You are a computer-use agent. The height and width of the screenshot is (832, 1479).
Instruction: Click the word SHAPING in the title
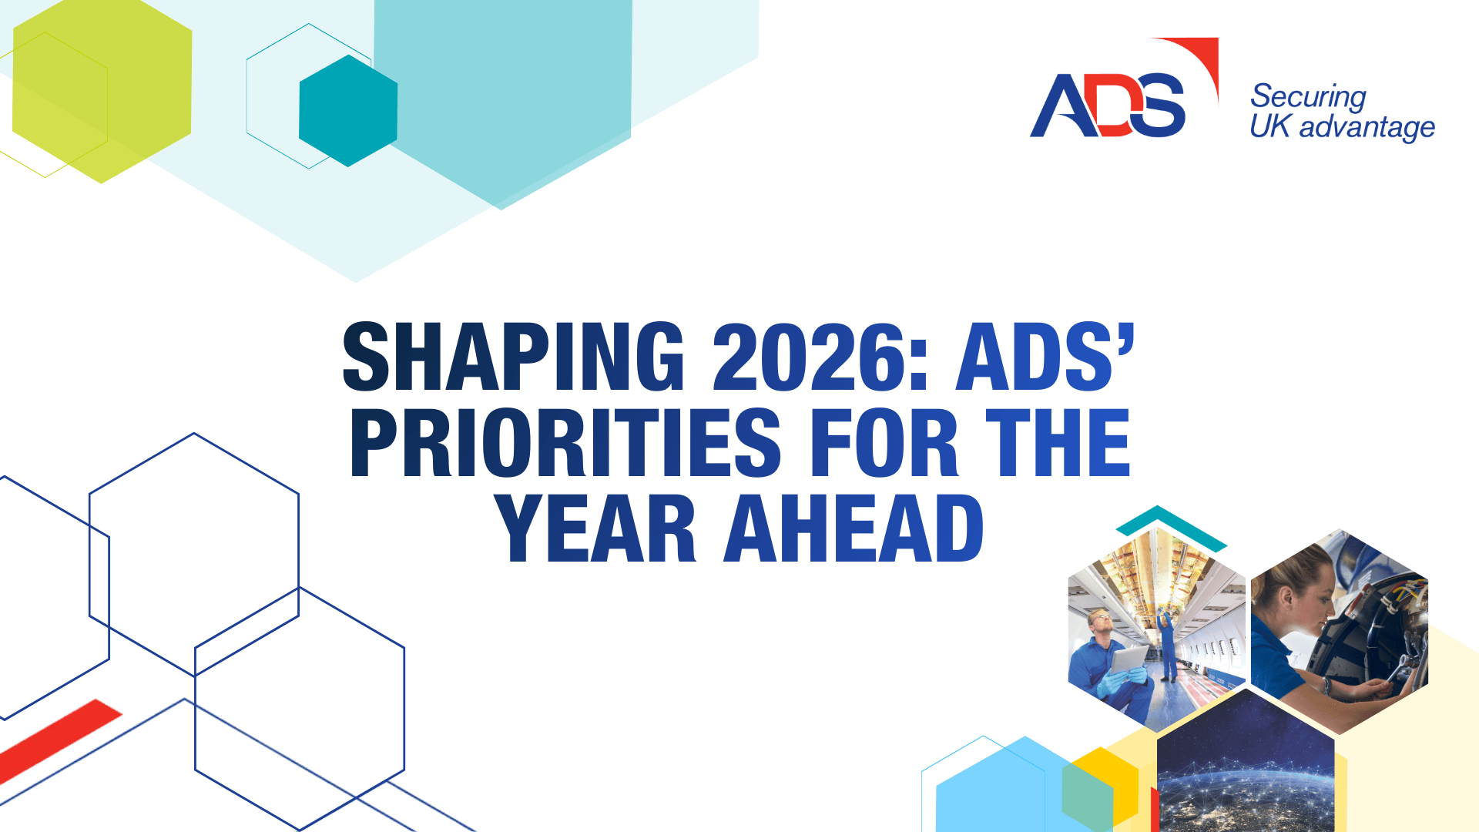514,356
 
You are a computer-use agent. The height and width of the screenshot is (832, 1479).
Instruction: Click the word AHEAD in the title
854,528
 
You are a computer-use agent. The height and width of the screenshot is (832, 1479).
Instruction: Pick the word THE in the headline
1058,443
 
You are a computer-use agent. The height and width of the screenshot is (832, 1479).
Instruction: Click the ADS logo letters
1108,106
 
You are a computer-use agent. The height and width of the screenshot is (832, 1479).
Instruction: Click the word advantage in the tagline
1367,127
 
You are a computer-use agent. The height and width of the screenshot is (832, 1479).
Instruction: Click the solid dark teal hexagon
348,110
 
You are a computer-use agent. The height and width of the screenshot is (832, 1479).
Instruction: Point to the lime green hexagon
102,91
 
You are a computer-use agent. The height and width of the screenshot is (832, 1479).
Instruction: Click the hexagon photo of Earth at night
1246,763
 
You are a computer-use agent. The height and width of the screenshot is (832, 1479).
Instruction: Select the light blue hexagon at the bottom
1001,790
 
